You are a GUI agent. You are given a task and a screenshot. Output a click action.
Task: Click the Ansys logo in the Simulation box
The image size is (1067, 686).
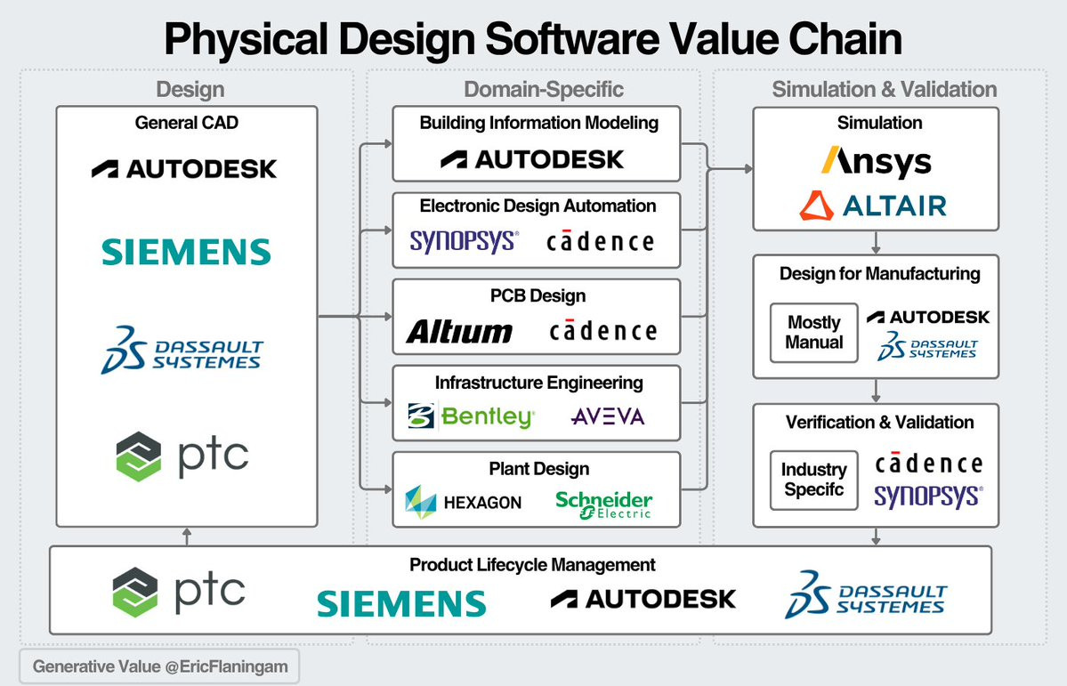point(876,162)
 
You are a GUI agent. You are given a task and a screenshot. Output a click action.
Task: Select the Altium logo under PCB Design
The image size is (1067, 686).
point(459,332)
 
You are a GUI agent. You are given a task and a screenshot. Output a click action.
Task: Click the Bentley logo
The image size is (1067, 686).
point(472,416)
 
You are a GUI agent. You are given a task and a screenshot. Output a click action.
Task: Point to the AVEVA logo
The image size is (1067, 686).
point(608,416)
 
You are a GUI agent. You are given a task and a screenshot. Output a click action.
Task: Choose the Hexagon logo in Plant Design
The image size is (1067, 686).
point(463,502)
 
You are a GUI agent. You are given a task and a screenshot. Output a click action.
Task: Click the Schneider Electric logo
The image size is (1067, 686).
point(604,503)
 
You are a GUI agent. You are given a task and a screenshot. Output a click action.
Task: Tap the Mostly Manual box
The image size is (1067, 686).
point(813,332)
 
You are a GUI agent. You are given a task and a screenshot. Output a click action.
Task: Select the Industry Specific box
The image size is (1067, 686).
point(813,480)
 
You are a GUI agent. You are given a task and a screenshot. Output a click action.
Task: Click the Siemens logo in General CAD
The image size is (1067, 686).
point(186,252)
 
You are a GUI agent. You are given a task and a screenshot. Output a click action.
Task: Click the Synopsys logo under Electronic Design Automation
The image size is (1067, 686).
point(464,240)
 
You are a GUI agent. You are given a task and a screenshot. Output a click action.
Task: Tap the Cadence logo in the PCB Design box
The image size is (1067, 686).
point(602,332)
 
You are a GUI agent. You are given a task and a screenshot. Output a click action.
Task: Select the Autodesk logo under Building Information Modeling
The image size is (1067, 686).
point(532,160)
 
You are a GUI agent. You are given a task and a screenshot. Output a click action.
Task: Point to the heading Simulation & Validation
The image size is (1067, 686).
point(884,89)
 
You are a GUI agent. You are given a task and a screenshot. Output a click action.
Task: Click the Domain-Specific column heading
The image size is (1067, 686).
point(544,89)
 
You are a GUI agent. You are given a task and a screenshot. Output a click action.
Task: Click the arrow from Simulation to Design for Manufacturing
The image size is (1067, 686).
point(877,242)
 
